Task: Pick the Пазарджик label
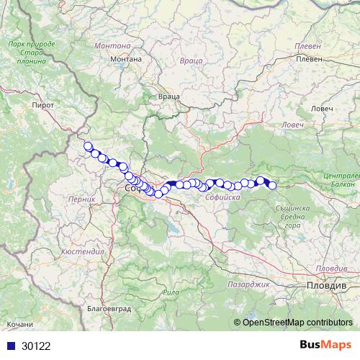(x=249, y=284)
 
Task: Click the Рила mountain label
(x=171, y=292)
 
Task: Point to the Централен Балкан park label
(x=341, y=181)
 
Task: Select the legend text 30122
(x=36, y=346)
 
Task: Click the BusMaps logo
(x=324, y=344)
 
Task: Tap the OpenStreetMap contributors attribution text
(x=297, y=322)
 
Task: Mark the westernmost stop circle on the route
(x=88, y=147)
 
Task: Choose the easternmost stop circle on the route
(x=272, y=186)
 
